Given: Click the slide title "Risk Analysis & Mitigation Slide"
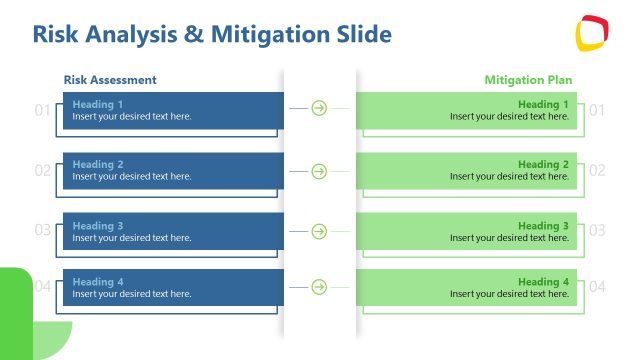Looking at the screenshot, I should pos(212,34).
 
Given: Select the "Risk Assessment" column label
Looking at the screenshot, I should pos(110,80).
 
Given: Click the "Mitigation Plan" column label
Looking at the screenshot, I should pos(529,80).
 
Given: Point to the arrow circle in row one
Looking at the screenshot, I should pos(319,108).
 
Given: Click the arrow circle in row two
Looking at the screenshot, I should pos(319,171).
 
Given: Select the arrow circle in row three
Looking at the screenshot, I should pos(319,231).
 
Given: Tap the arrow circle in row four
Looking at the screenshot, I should pos(319,287).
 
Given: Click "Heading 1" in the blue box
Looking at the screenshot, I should pos(98,104).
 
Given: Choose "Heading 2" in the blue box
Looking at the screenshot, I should pos(98,164).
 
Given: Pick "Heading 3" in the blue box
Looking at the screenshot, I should pos(98,226).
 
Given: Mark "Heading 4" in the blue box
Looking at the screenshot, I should pos(98,282).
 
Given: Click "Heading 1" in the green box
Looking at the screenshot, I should pos(543,104).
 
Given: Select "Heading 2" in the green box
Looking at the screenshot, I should pos(543,164).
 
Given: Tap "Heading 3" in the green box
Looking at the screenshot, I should pos(543,226).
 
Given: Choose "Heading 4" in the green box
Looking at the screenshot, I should pos(543,282).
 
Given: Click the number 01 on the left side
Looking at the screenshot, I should pos(42,110).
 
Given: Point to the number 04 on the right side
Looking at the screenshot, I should pos(597,287).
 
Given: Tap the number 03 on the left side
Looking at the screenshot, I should pos(42,230).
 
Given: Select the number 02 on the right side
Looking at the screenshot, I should pos(597,170).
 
